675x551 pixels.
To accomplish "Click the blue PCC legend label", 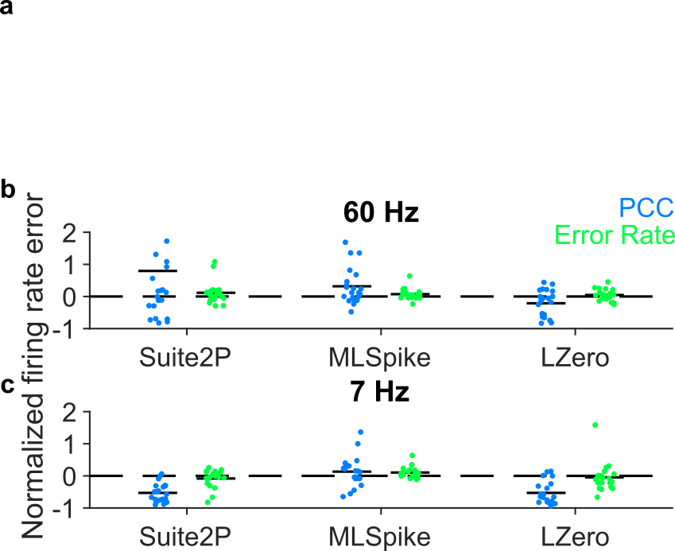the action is pos(646,208).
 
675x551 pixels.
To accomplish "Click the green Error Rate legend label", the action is pos(614,235).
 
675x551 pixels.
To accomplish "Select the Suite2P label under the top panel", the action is pos(185,357).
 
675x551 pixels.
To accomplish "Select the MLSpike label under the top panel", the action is pos(379,357).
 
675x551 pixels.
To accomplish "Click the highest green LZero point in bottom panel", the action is pos(595,425).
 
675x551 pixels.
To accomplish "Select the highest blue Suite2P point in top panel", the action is pos(166,241).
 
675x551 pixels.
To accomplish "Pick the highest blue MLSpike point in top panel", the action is pos(345,243).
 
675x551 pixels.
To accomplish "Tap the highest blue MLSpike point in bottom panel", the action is pos(360,432).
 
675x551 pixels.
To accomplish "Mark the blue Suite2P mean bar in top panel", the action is pos(157,271).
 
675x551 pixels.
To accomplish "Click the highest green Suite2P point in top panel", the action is pos(214,262).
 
